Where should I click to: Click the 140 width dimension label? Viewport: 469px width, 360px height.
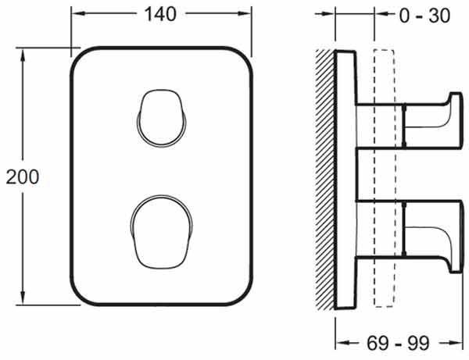[160, 14]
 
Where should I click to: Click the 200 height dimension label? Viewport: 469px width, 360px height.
[23, 176]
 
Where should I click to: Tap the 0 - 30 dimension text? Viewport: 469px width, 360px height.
[424, 16]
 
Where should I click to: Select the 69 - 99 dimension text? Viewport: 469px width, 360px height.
[398, 343]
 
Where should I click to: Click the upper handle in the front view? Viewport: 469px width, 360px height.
[162, 118]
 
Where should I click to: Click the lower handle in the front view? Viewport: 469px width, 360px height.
[162, 232]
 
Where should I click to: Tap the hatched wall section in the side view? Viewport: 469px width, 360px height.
[325, 180]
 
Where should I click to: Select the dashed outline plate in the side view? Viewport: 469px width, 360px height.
[385, 178]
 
